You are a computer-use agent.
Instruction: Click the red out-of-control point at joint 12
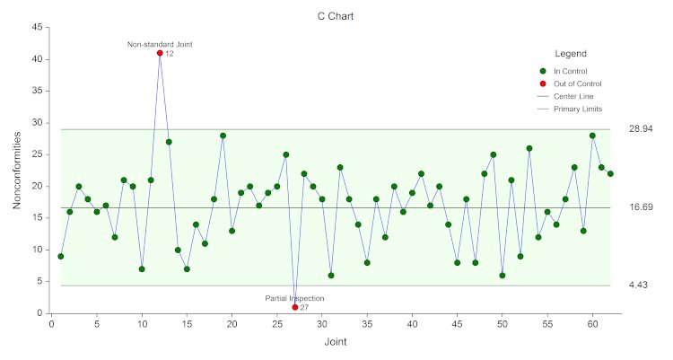click(x=160, y=53)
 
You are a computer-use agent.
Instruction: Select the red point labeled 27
click(x=295, y=307)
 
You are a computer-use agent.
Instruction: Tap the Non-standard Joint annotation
click(x=160, y=44)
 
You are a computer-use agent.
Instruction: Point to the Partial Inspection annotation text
click(x=294, y=298)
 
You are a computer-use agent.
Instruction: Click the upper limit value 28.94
click(x=640, y=129)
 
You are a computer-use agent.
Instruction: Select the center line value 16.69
click(x=640, y=207)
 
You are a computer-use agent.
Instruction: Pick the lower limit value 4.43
click(x=638, y=285)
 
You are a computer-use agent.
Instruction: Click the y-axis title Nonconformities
click(x=17, y=170)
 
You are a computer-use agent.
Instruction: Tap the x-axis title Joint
click(x=336, y=342)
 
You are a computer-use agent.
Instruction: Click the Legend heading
click(x=571, y=54)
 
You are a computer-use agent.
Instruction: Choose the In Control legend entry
click(x=570, y=71)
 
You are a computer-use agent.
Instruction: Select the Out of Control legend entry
click(x=577, y=83)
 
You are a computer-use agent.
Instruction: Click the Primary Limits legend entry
click(x=578, y=109)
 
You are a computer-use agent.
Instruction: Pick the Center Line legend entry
click(x=573, y=96)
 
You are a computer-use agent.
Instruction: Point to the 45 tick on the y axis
click(x=38, y=27)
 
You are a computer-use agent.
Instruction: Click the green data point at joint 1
click(x=60, y=256)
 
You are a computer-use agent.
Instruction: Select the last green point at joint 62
click(x=610, y=173)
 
